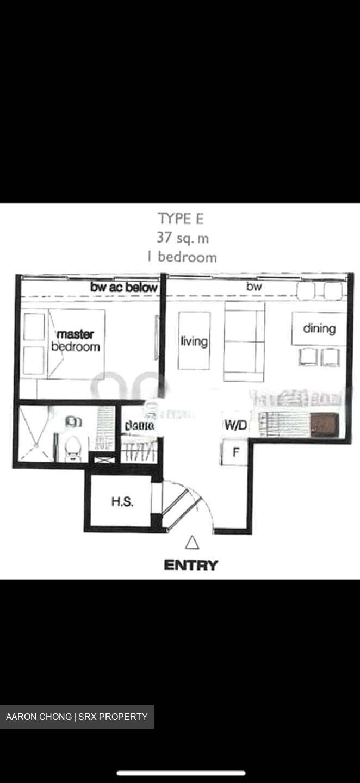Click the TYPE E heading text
tap(182, 219)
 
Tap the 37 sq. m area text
tap(182, 238)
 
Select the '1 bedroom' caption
tap(182, 257)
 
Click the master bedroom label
tap(75, 340)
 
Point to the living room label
tap(194, 341)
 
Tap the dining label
tap(319, 328)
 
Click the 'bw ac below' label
tap(124, 287)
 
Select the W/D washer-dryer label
tap(235, 425)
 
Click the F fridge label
tap(236, 452)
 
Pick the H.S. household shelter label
tap(122, 501)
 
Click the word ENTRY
tap(191, 565)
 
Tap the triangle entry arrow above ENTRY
tap(192, 543)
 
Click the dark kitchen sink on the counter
tap(322, 424)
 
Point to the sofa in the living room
tap(244, 341)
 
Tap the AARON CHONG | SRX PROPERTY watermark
tap(77, 717)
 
